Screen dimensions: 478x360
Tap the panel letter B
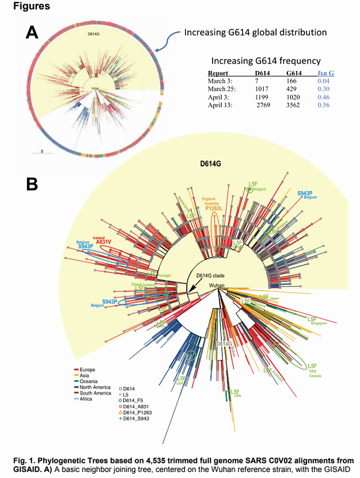click(x=33, y=184)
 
